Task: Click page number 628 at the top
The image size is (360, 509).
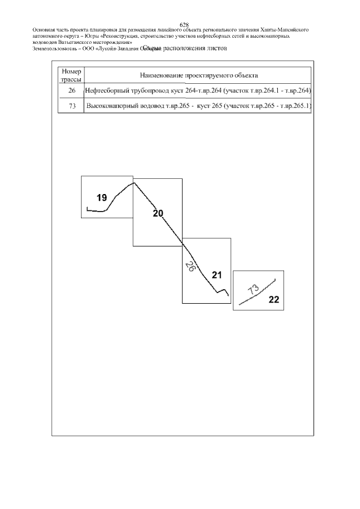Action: pyautogui.click(x=183, y=24)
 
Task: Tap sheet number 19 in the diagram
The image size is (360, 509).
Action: pyautogui.click(x=101, y=197)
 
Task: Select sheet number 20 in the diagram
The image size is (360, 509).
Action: pyautogui.click(x=158, y=213)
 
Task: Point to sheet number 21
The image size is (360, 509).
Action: pyautogui.click(x=217, y=275)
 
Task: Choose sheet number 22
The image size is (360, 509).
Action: pyautogui.click(x=274, y=299)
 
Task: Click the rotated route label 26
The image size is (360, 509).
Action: pyautogui.click(x=190, y=267)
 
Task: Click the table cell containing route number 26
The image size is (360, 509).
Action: pyautogui.click(x=71, y=91)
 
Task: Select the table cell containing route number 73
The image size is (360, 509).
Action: pyautogui.click(x=71, y=106)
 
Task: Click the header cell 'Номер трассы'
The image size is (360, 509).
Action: pyautogui.click(x=71, y=75)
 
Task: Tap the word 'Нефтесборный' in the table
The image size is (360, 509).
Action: pyautogui.click(x=106, y=91)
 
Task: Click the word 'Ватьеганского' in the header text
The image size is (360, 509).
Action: pyautogui.click(x=72, y=42)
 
